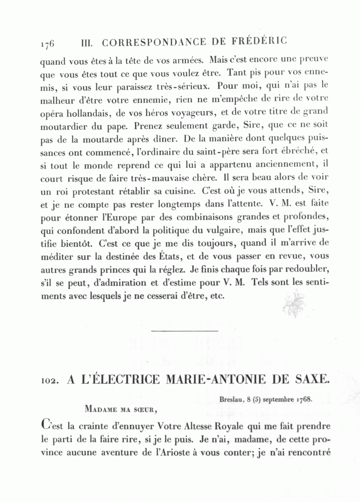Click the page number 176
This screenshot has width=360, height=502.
click(x=47, y=43)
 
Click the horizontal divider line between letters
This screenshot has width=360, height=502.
click(x=185, y=331)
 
